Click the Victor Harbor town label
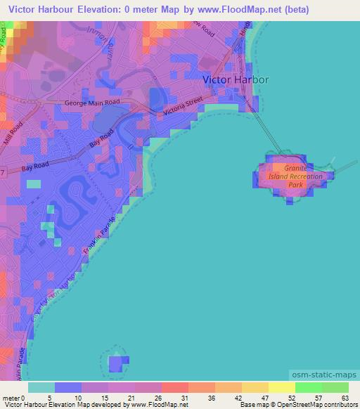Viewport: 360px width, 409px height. (236, 80)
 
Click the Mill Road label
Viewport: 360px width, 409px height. (16, 133)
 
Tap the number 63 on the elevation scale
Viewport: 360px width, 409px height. (344, 398)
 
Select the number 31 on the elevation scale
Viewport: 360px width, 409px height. (185, 398)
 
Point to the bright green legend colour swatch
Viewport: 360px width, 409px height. (309, 387)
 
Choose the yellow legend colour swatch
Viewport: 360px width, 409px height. (281, 387)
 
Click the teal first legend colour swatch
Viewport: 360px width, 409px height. (41, 387)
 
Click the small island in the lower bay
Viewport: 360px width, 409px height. (115, 363)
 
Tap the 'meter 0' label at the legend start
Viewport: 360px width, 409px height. (13, 398)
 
